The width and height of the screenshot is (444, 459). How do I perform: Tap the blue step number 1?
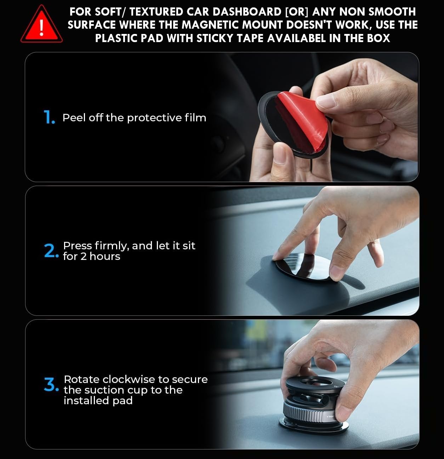point(49,117)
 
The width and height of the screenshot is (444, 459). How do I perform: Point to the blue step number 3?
point(51,384)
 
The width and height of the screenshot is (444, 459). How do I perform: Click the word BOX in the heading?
point(378,38)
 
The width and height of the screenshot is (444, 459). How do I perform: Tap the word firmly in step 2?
point(111,246)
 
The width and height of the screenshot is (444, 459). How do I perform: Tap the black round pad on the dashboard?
point(304,266)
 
